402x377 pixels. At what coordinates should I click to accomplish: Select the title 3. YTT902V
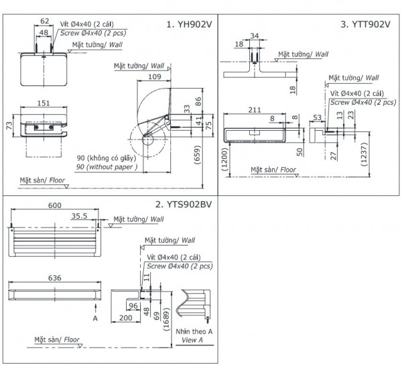tap(365, 24)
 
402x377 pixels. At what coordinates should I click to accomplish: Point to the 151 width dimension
tap(42, 103)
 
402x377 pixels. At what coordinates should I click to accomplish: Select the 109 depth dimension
tap(153, 77)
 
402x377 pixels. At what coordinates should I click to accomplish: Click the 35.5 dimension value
tap(80, 216)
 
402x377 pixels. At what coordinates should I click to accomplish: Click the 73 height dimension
tap(9, 125)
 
